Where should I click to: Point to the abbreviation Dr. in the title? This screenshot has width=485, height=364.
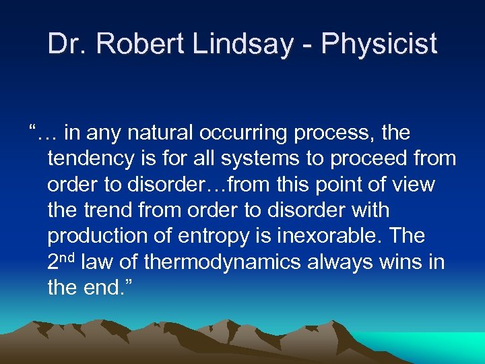click(67, 44)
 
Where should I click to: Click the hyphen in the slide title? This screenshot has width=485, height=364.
click(308, 45)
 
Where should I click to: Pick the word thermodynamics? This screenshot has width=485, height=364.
click(222, 262)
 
